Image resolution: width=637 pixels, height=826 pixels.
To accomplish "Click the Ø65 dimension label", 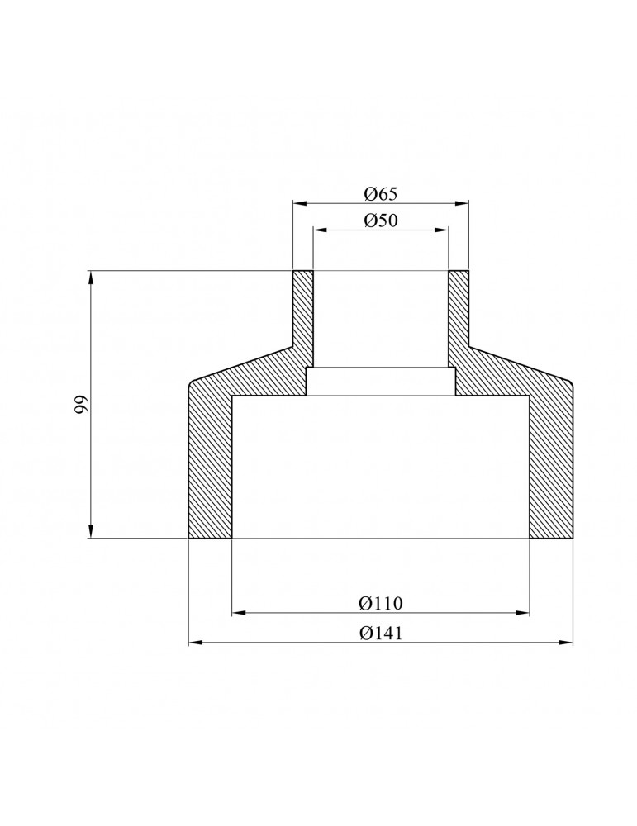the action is (380, 194).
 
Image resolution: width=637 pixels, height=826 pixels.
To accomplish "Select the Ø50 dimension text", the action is (380, 221).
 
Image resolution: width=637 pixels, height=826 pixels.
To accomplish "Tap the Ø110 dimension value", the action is (380, 603).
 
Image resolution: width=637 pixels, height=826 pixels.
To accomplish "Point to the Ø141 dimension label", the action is (380, 633).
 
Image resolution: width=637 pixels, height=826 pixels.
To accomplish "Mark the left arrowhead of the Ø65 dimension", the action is (299, 203).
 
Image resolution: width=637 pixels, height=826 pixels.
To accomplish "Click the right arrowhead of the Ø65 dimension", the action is (462, 203).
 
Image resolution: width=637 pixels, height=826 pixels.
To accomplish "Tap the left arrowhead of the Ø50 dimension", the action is (320, 229).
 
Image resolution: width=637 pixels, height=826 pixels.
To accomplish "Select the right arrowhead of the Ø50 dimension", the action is (441, 229).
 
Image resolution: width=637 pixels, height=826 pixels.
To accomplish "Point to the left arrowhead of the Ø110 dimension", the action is (239, 612).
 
